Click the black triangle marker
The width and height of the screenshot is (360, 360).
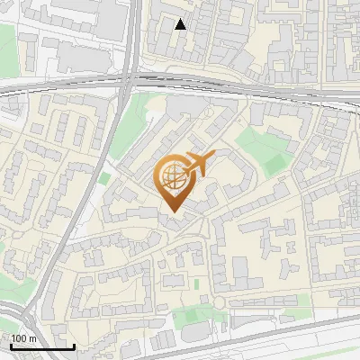pos(181,24)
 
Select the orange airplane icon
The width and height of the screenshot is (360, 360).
pos(197,164)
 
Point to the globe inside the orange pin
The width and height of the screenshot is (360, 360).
pos(171,175)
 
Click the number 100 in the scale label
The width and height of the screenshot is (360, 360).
pos(19,338)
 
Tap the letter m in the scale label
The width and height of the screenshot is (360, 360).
pos(32,338)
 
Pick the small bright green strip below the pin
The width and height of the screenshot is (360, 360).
pos(196,284)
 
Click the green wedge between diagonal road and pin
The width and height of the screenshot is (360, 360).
pos(135,117)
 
